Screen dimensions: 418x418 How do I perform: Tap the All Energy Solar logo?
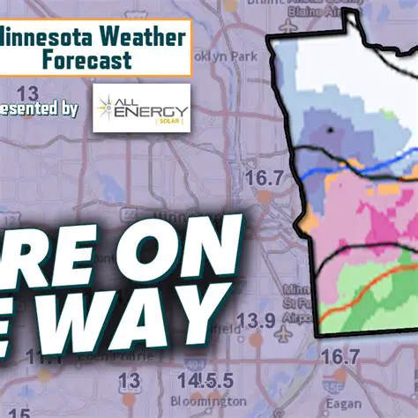coord(141,108)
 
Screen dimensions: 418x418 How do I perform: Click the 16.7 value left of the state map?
coord(265,178)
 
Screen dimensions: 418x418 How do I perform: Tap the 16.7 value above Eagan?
coord(340,356)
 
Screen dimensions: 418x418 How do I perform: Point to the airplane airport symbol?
coord(284,334)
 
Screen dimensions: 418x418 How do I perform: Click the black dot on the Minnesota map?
coord(330,131)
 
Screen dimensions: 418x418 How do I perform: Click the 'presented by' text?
coord(40,109)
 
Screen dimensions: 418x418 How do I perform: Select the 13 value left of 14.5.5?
coord(129,381)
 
